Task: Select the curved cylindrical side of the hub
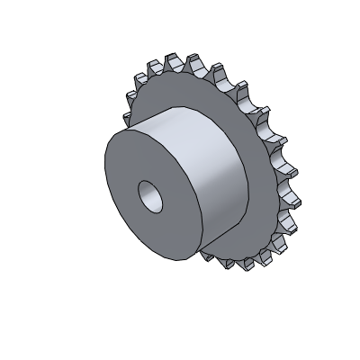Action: [211, 180]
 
